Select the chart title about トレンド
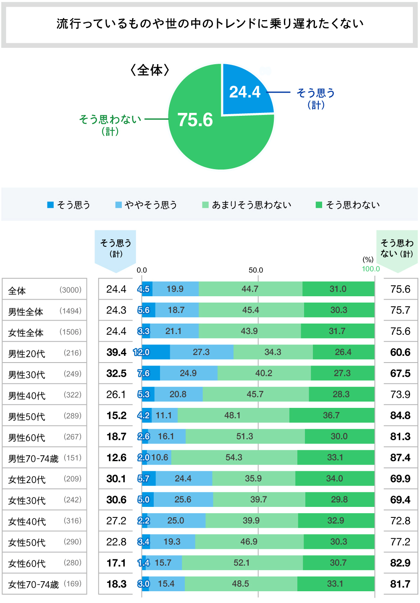pyautogui.click(x=210, y=23)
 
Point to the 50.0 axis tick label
pyautogui.click(x=256, y=270)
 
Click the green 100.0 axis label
pyautogui.click(x=371, y=269)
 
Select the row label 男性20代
pyautogui.click(x=26, y=354)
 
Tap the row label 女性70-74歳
pyautogui.click(x=34, y=585)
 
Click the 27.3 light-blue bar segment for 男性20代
pyautogui.click(x=201, y=352)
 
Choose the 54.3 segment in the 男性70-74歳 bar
pyautogui.click(x=234, y=457)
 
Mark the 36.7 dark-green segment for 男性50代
pyautogui.click(x=331, y=415)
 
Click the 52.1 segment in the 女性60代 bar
pyautogui.click(x=241, y=563)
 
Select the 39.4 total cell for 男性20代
pyautogui.click(x=116, y=352)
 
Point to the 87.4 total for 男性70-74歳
pyautogui.click(x=400, y=457)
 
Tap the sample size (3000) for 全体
pyautogui.click(x=71, y=290)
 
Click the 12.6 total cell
pyautogui.click(x=116, y=457)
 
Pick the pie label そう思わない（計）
pyautogui.click(x=110, y=125)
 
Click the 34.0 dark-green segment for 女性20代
pyautogui.click(x=334, y=478)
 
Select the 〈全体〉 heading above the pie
pyautogui.click(x=150, y=70)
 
